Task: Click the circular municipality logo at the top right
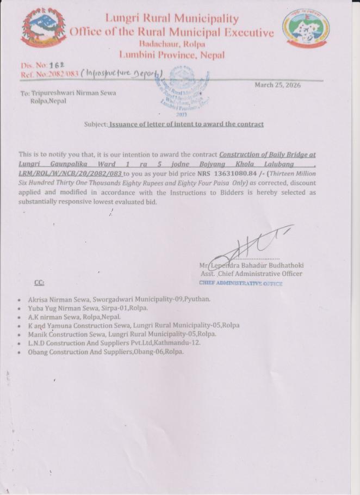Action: pos(306,29)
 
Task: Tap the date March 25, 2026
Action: pos(277,85)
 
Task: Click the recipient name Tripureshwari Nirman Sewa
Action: pos(73,93)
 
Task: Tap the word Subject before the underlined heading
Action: pos(96,124)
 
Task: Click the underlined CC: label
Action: pos(39,282)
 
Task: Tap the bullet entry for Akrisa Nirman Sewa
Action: pos(119,299)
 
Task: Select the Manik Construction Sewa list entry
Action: pos(122,334)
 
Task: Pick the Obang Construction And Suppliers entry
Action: pos(105,351)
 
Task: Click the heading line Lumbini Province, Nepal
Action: pos(171,55)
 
